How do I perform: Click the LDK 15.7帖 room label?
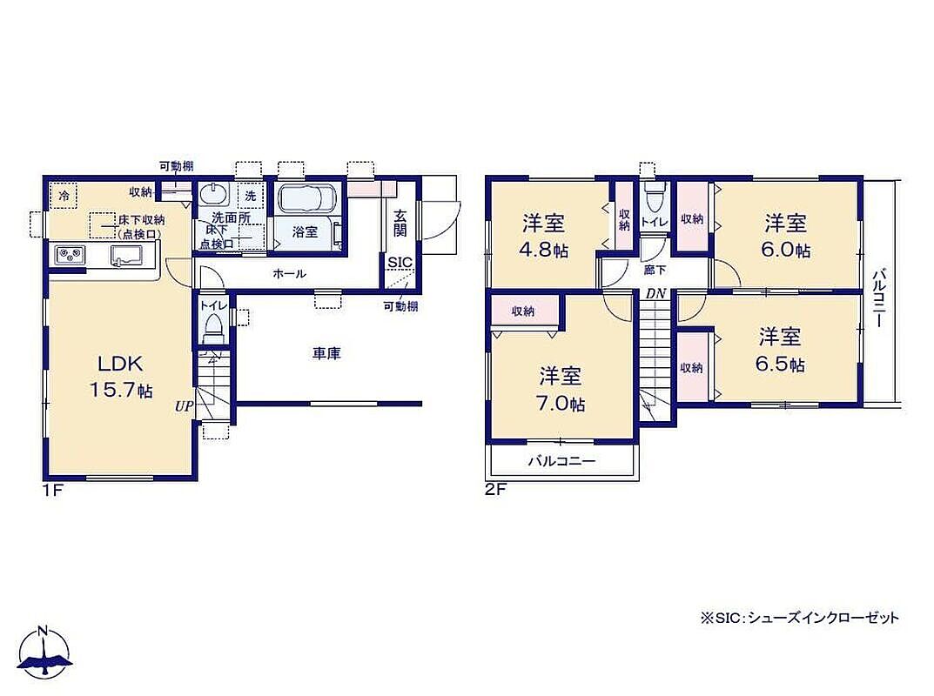(121, 377)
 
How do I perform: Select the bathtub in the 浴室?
(306, 197)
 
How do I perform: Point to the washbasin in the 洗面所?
(212, 194)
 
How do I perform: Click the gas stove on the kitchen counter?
(71, 255)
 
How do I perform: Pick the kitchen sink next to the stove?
(126, 255)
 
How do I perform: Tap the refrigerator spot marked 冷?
(64, 195)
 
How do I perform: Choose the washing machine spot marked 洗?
(251, 195)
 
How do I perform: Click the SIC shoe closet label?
(400, 263)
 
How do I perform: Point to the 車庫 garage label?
(326, 354)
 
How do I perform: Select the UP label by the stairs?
(184, 406)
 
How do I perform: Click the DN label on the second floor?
(655, 293)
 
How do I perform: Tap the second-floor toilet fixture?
(655, 199)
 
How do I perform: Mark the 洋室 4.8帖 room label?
(544, 237)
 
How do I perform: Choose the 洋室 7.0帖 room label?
(561, 390)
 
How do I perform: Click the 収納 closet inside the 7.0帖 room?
(524, 311)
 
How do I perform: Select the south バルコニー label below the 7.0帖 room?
(561, 461)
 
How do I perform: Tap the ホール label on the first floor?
(289, 274)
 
